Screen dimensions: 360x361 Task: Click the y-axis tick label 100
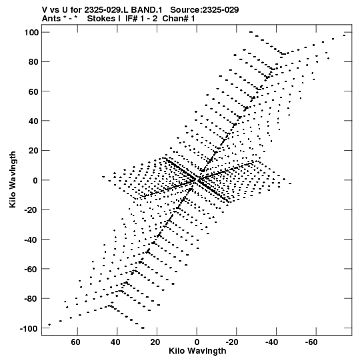[x=31, y=33]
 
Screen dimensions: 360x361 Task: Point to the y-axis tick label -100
[x=29, y=328]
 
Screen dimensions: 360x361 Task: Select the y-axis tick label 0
[x=35, y=180]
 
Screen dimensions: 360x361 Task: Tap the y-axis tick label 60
[x=33, y=91]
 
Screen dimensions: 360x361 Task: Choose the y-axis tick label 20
[x=33, y=151]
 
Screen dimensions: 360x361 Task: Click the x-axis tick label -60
[x=311, y=342]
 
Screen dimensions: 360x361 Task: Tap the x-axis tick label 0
[x=197, y=342]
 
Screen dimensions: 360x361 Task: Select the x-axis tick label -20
[x=231, y=342]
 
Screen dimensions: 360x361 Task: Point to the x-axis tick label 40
[x=115, y=342]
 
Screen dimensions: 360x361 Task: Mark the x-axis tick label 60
[x=76, y=342]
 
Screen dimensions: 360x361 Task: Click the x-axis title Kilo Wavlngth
[x=197, y=351]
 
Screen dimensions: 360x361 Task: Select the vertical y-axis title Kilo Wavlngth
[x=13, y=179]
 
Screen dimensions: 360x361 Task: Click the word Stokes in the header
[x=101, y=19]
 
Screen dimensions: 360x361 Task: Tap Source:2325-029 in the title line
[x=205, y=10]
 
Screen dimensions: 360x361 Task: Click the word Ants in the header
[x=52, y=19]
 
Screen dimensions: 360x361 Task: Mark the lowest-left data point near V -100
[x=49, y=324]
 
